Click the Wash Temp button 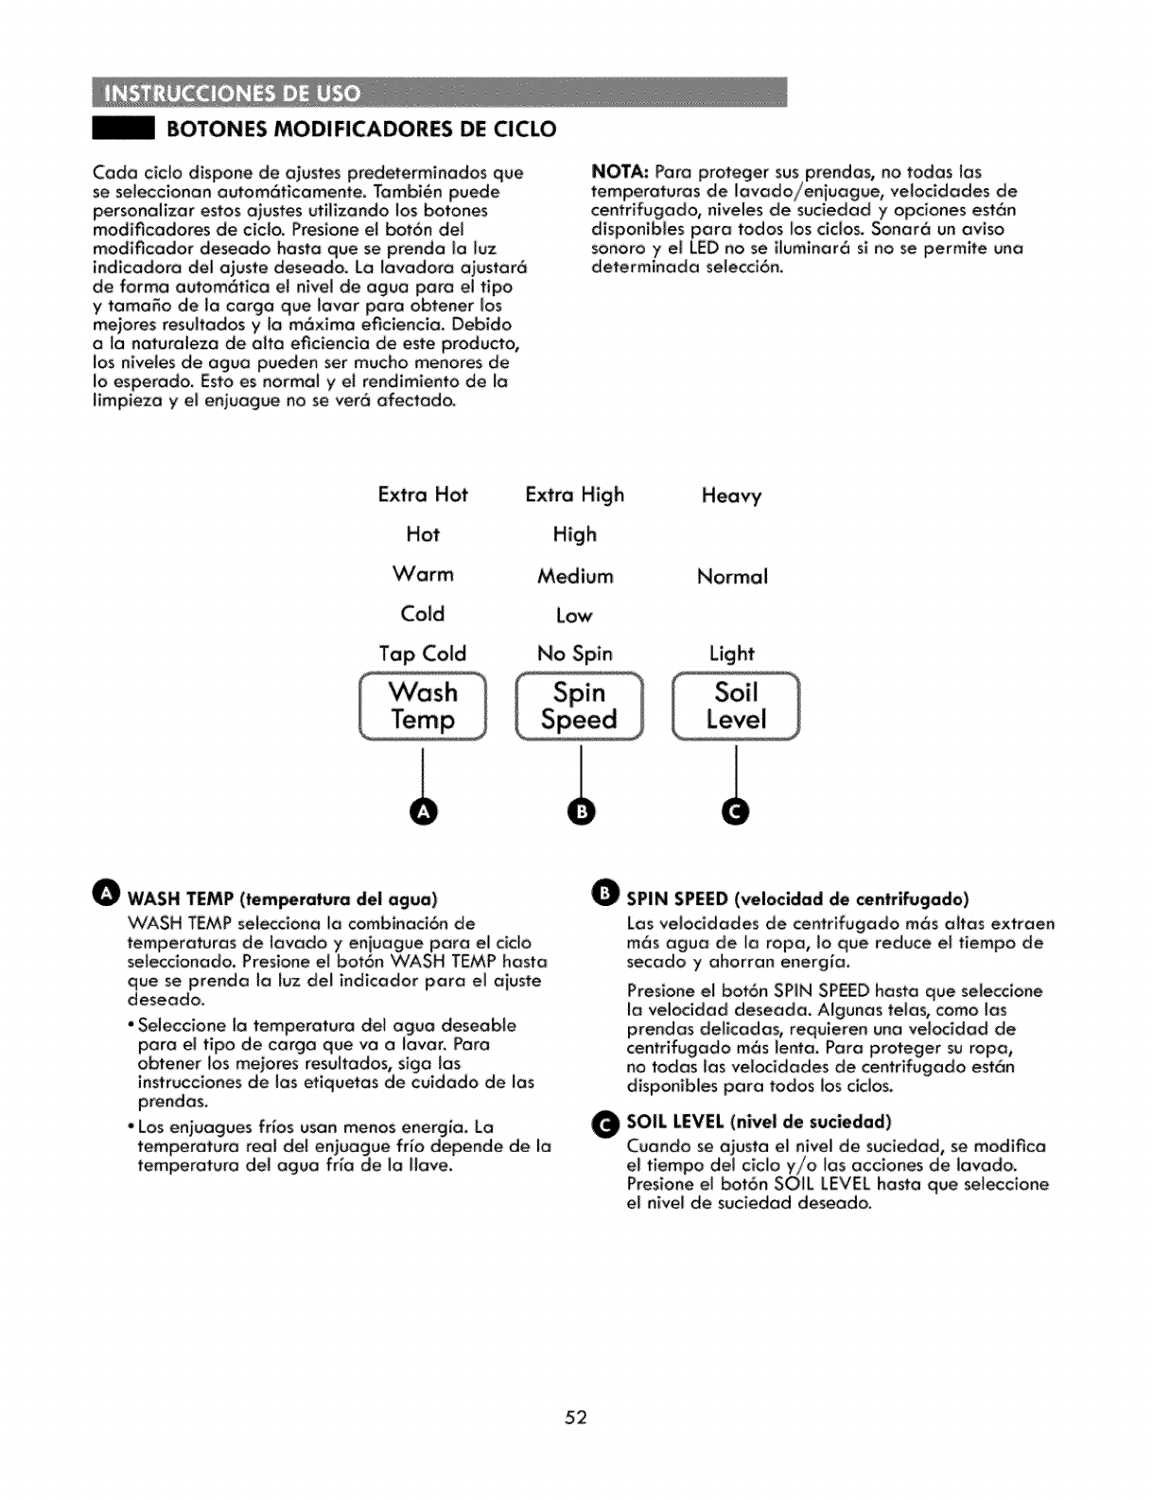[423, 706]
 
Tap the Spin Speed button [579, 706]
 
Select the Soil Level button [736, 706]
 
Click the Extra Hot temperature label [423, 495]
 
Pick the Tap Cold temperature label [423, 654]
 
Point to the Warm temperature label [423, 574]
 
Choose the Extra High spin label [574, 495]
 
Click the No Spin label [574, 654]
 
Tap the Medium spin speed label [575, 576]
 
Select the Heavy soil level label [731, 496]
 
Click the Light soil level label [732, 654]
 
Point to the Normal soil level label [732, 576]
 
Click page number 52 [577, 1417]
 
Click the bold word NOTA [619, 172]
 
